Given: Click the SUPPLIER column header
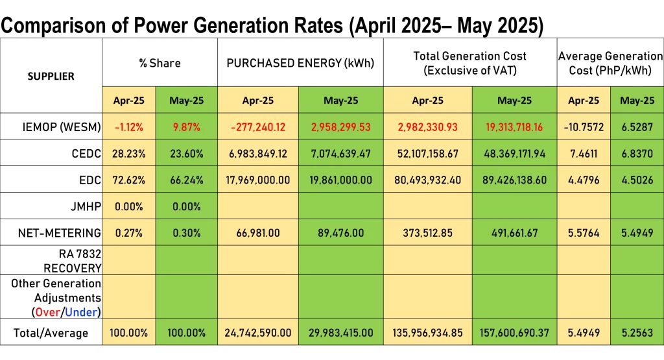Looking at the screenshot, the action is (x=51, y=77).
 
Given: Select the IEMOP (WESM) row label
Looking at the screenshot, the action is (x=62, y=126).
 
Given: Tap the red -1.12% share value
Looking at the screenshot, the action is (x=129, y=126).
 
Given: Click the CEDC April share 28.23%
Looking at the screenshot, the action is (x=129, y=153).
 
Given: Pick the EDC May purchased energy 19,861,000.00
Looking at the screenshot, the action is (x=341, y=180).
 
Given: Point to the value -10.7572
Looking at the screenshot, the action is (x=584, y=126).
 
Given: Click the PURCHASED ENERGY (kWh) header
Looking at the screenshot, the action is (x=300, y=63).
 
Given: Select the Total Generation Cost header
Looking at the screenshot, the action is (x=470, y=63).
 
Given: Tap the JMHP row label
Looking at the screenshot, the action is (x=86, y=206).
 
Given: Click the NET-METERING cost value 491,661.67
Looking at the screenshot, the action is (x=514, y=233).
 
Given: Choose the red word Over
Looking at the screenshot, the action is (x=47, y=312).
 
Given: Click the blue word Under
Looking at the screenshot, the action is (x=81, y=312).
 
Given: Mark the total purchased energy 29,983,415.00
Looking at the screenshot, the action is (x=341, y=333).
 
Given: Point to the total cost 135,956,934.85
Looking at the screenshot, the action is (x=428, y=333).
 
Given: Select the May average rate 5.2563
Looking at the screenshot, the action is (x=637, y=333).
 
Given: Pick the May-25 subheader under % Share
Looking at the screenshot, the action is (x=186, y=101).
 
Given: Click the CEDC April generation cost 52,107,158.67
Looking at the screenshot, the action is (x=428, y=153).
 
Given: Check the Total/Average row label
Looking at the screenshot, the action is (x=51, y=333).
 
